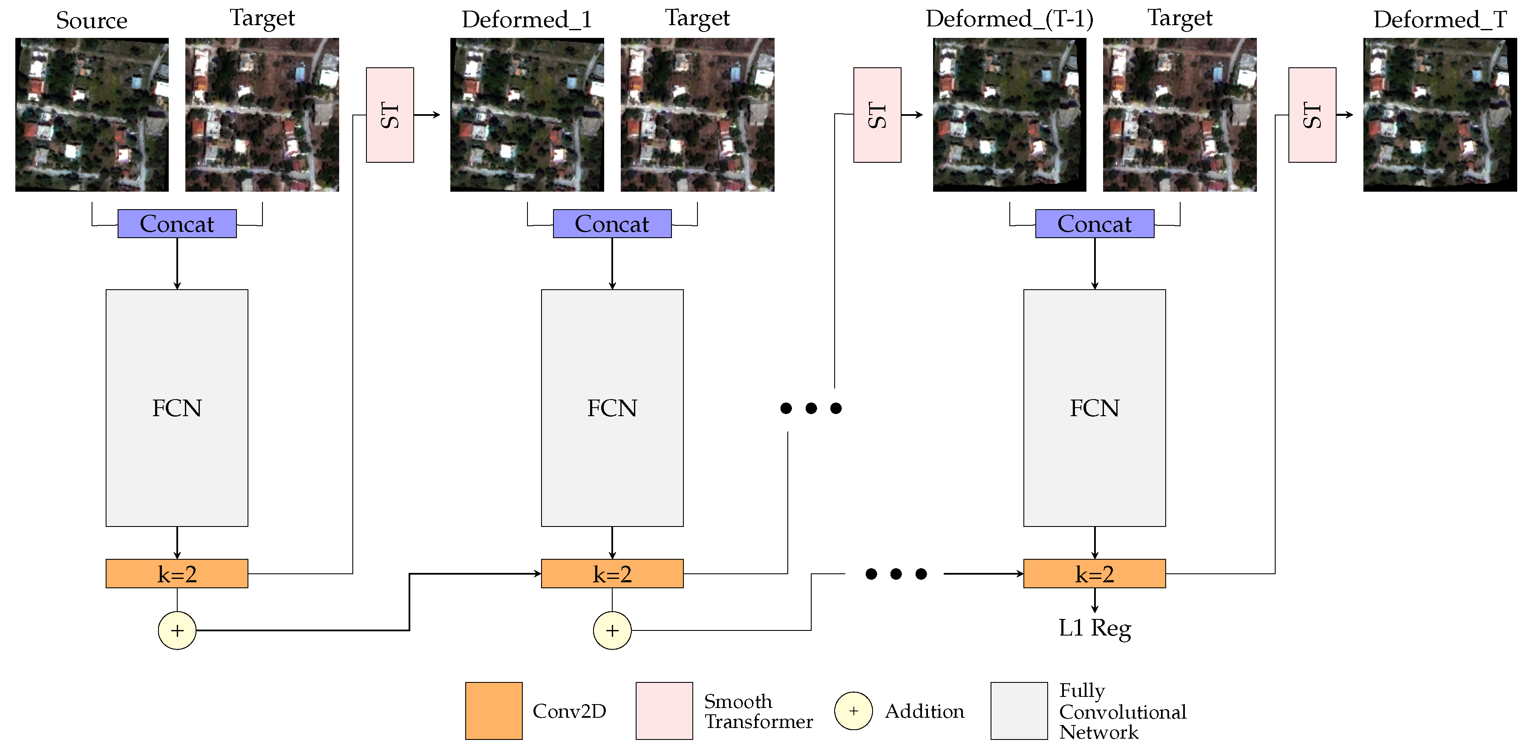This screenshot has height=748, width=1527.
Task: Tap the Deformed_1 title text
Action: pyautogui.click(x=526, y=20)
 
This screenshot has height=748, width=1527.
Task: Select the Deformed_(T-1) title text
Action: pyautogui.click(x=1009, y=19)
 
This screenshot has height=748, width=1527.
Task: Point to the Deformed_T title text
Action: pyautogui.click(x=1439, y=20)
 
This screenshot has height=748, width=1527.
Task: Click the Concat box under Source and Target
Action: pyautogui.click(x=177, y=224)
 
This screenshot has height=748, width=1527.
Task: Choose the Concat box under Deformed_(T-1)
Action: pyautogui.click(x=1094, y=224)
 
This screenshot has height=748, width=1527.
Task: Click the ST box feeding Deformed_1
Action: pyautogui.click(x=389, y=115)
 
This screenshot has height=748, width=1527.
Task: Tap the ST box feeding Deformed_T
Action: pyautogui.click(x=1312, y=115)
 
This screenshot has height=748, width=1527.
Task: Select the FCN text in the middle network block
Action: pyautogui.click(x=612, y=408)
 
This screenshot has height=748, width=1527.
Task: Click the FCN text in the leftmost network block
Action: pyautogui.click(x=177, y=408)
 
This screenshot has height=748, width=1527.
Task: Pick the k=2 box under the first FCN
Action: pyautogui.click(x=177, y=573)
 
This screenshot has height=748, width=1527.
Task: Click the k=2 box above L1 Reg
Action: pyautogui.click(x=1094, y=573)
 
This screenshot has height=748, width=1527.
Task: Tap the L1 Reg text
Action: pyautogui.click(x=1094, y=628)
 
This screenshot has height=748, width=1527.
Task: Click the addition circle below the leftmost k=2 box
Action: pyautogui.click(x=177, y=630)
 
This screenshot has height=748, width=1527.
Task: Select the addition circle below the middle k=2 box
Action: pyautogui.click(x=612, y=630)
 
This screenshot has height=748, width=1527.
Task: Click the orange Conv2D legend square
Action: pyautogui.click(x=493, y=710)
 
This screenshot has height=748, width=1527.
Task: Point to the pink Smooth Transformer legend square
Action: pyautogui.click(x=664, y=710)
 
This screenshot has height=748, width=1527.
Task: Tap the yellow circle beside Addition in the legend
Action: pyautogui.click(x=853, y=710)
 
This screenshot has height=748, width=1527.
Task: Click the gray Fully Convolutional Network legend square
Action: pyautogui.click(x=1018, y=710)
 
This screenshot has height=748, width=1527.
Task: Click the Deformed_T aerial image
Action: pyautogui.click(x=1439, y=115)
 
